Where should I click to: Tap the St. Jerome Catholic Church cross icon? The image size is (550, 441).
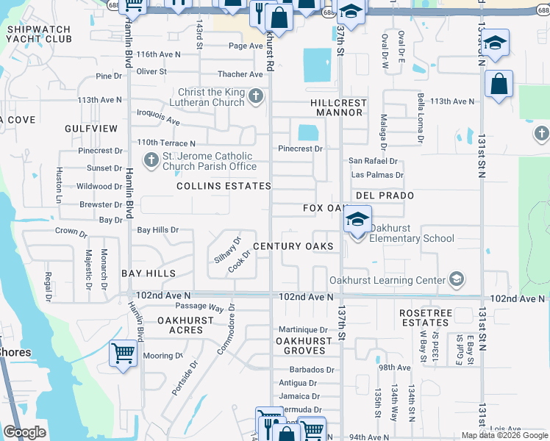click(x=151, y=159)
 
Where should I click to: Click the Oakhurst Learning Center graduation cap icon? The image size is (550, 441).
click(x=457, y=279)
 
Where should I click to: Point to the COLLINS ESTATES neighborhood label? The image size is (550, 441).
click(x=224, y=187)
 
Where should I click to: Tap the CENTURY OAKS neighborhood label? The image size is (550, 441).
click(x=293, y=246)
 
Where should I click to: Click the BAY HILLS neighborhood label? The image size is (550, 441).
click(x=149, y=273)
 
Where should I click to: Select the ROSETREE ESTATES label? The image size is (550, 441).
click(x=424, y=318)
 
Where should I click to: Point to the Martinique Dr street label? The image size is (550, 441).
click(x=303, y=329)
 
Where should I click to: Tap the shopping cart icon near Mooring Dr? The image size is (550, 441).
click(x=123, y=354)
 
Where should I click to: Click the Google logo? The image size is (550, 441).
click(x=24, y=432)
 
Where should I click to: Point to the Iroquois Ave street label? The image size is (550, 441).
click(x=159, y=116)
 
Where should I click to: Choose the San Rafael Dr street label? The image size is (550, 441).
click(x=373, y=161)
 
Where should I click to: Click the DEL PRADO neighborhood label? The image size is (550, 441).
click(x=385, y=196)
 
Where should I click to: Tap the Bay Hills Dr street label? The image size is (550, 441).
click(x=158, y=230)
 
